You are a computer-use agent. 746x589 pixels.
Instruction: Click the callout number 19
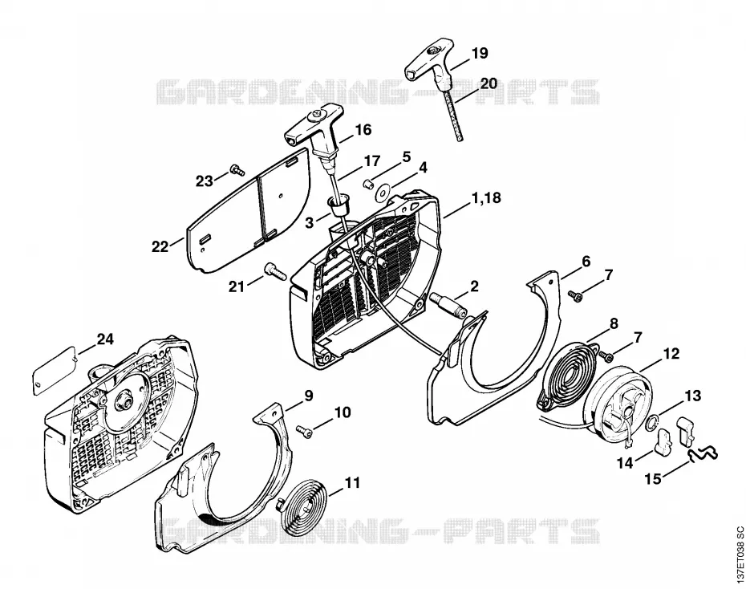[480, 53]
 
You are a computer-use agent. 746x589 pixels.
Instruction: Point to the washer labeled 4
[382, 193]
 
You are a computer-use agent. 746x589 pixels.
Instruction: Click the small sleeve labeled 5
[367, 183]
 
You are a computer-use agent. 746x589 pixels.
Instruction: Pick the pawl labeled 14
[665, 442]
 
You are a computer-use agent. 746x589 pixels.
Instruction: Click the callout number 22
[160, 247]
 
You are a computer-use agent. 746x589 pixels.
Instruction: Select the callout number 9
[309, 396]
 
